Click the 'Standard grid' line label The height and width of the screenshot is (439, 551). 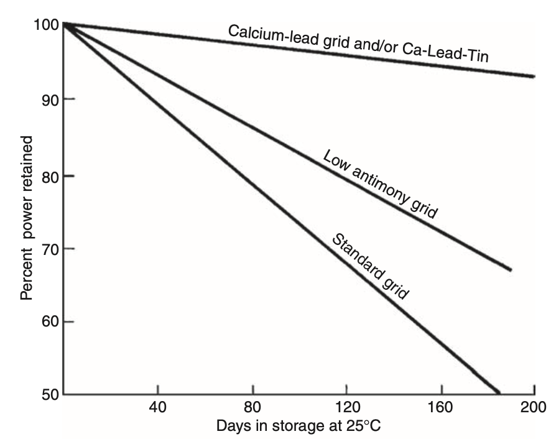click(x=369, y=266)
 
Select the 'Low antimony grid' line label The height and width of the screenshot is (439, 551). click(x=381, y=184)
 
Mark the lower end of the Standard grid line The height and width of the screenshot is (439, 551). click(x=498, y=392)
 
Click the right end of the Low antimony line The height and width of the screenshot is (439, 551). click(x=510, y=270)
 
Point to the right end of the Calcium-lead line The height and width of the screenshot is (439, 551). click(x=534, y=76)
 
